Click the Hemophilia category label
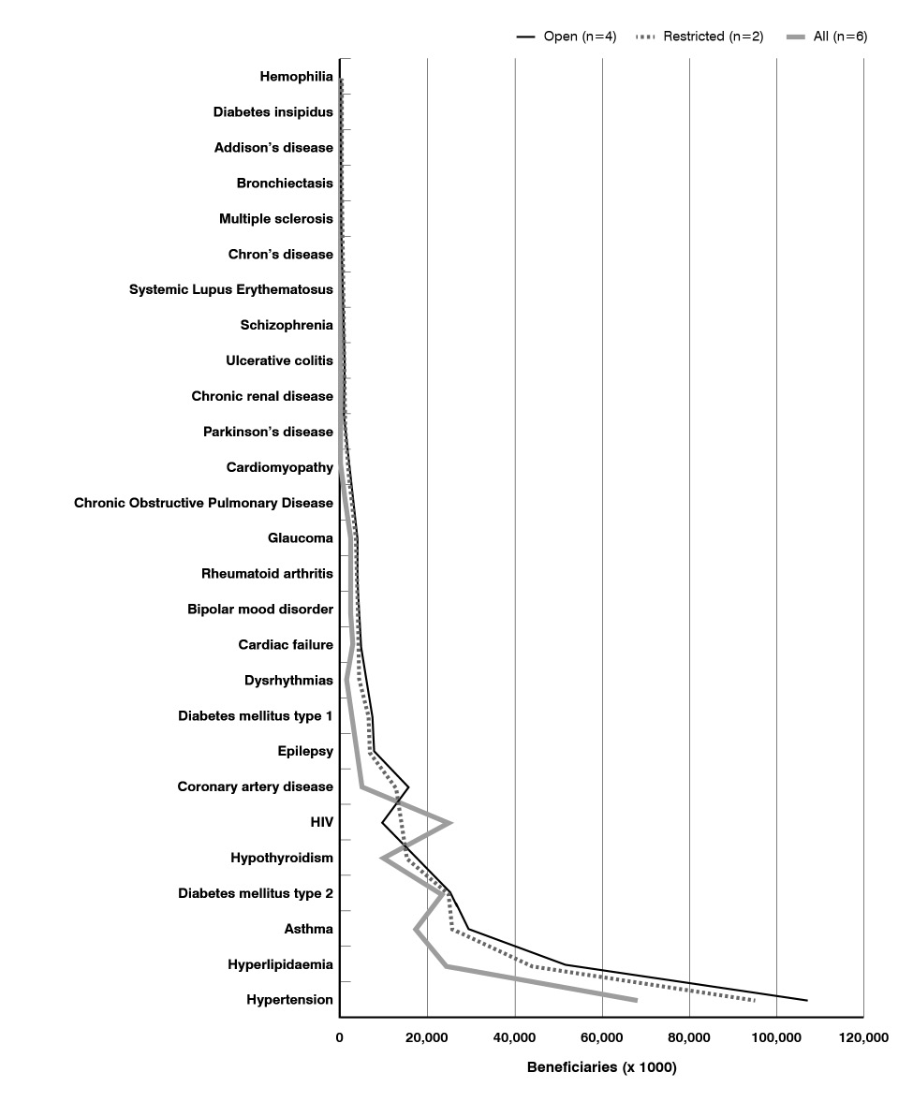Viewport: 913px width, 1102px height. click(x=296, y=76)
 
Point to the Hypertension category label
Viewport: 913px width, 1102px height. click(x=289, y=1000)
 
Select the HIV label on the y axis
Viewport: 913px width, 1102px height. click(x=321, y=822)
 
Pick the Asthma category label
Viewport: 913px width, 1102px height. click(x=308, y=929)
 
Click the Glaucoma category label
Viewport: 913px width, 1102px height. click(x=300, y=537)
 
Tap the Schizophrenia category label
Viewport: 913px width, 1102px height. click(x=287, y=325)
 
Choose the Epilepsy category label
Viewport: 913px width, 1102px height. click(x=305, y=751)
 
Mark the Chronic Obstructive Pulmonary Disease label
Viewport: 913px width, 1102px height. click(x=203, y=503)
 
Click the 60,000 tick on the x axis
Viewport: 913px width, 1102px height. click(x=602, y=1037)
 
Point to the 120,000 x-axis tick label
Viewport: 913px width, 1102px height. click(x=862, y=1037)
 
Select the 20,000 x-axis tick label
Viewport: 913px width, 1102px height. click(x=427, y=1037)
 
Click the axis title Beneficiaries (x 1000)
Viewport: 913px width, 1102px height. click(x=601, y=1067)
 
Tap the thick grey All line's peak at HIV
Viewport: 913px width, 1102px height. click(x=451, y=823)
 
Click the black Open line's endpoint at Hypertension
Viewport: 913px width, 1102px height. click(x=806, y=1000)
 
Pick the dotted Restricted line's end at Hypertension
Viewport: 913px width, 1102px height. click(x=754, y=1000)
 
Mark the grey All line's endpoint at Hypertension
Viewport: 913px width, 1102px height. click(x=636, y=1000)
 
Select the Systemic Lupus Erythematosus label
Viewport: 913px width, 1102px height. click(x=230, y=289)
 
